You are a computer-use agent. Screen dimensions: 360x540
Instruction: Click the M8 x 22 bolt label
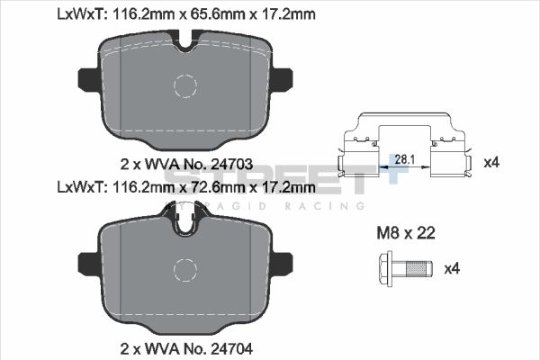click(405, 233)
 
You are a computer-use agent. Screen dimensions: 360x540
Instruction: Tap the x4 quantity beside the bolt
click(452, 267)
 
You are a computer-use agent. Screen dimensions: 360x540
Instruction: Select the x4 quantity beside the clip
click(490, 163)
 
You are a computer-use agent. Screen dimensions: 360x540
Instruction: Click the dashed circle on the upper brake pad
click(184, 86)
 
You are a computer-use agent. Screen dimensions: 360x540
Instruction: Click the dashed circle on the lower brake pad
click(184, 271)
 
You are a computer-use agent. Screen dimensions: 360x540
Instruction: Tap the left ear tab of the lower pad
click(88, 263)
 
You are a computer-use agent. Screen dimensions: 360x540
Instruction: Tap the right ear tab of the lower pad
click(282, 263)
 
